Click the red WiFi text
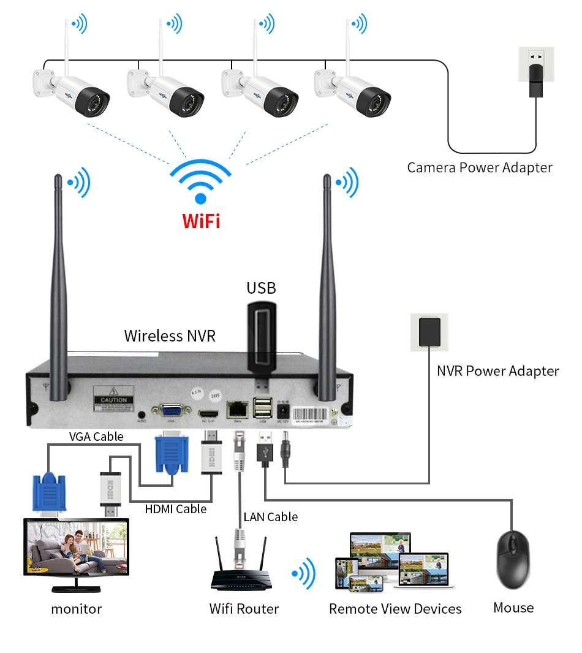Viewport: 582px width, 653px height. click(x=201, y=220)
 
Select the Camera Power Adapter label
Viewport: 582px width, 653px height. click(x=480, y=167)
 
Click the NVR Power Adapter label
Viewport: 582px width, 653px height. click(x=497, y=371)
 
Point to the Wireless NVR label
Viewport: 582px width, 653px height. click(x=170, y=335)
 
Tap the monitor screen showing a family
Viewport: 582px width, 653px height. click(x=76, y=546)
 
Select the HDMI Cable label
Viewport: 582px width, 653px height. click(x=176, y=509)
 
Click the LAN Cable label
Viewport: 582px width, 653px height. click(x=270, y=517)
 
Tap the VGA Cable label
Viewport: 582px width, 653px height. click(x=96, y=437)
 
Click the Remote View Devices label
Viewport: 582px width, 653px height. click(x=395, y=609)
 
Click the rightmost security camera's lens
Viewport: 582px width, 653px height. click(x=374, y=99)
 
